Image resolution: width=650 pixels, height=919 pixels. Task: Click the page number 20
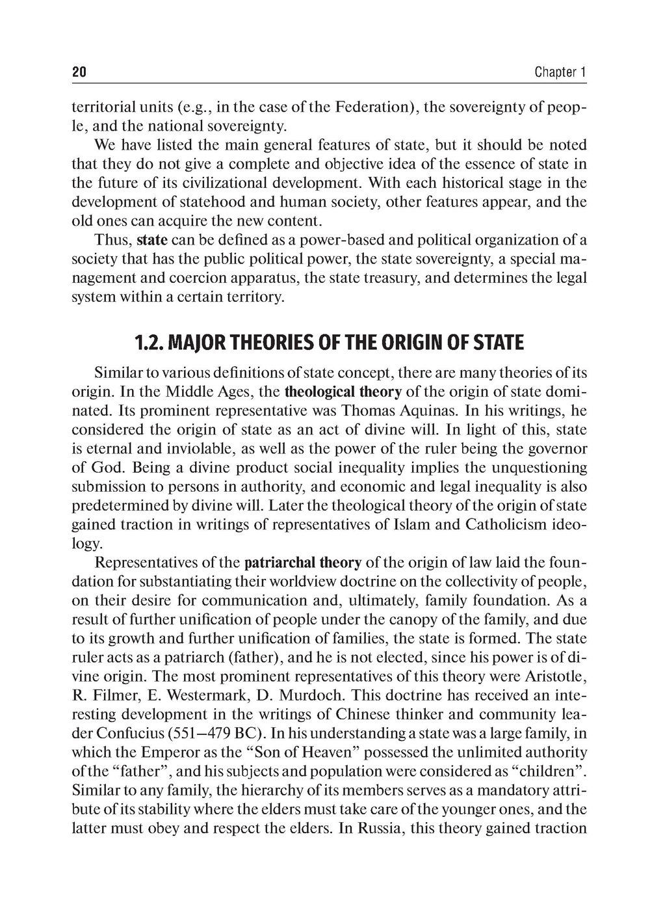(79, 72)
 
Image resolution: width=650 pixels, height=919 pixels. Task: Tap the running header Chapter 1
(560, 72)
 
